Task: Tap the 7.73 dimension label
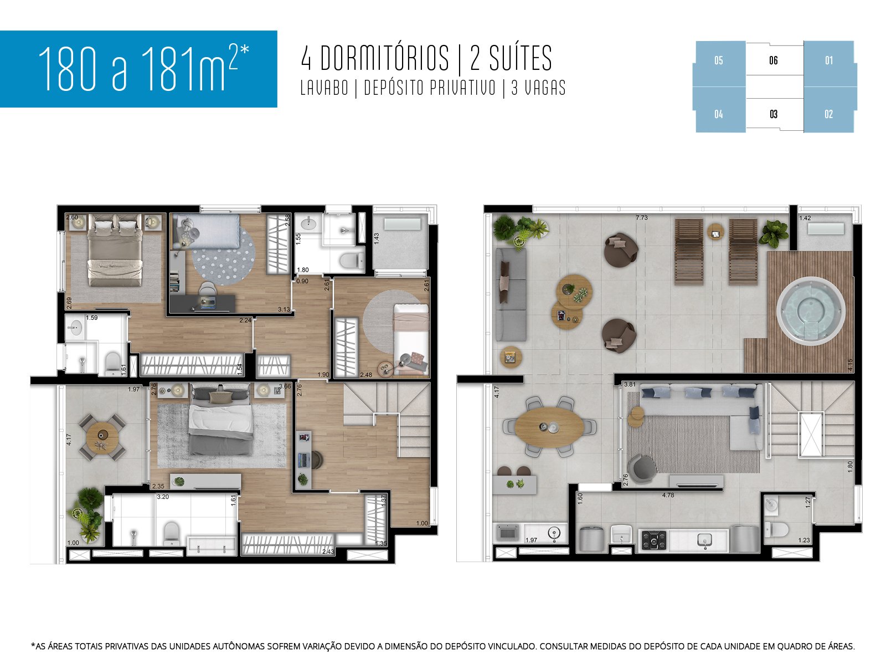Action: [x=641, y=218]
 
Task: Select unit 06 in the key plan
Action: [x=774, y=60]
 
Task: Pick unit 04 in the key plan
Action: [x=719, y=114]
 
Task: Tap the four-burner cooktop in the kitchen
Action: [x=653, y=539]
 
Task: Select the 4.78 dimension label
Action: [x=668, y=495]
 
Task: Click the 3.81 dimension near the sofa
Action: [x=630, y=384]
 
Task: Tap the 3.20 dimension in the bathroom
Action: [x=163, y=497]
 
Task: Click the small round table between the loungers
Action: [x=715, y=231]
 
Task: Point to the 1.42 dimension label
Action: [x=805, y=218]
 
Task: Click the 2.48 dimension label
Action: [x=365, y=375]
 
